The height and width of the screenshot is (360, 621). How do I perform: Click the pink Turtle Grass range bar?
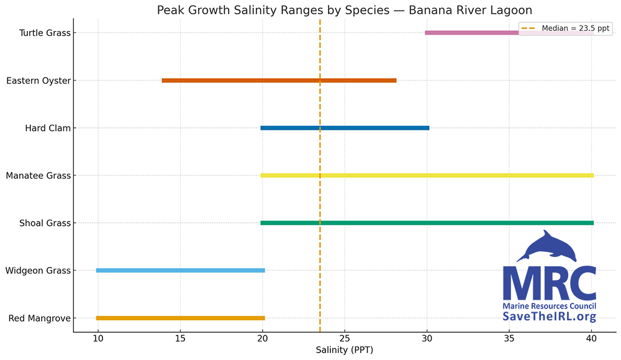tap(472, 33)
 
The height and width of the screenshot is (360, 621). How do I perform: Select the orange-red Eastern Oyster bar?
tap(279, 81)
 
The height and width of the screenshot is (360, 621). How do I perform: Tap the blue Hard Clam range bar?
tap(345, 128)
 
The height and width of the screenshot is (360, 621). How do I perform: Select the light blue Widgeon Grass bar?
tap(180, 271)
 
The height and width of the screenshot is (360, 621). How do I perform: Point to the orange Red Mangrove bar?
tap(180, 318)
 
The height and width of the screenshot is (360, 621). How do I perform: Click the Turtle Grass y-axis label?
tap(45, 33)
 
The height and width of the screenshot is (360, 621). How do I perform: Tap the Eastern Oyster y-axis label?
tap(39, 81)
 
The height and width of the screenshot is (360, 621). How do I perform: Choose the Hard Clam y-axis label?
tap(48, 128)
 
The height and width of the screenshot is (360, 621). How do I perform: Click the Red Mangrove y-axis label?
tap(40, 318)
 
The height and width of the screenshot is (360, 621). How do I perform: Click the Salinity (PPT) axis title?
tap(345, 350)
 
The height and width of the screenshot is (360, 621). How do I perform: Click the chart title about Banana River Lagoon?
tap(345, 10)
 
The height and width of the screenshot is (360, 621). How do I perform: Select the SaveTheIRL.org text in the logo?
tap(549, 317)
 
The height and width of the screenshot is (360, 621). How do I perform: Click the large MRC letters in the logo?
tap(549, 284)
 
